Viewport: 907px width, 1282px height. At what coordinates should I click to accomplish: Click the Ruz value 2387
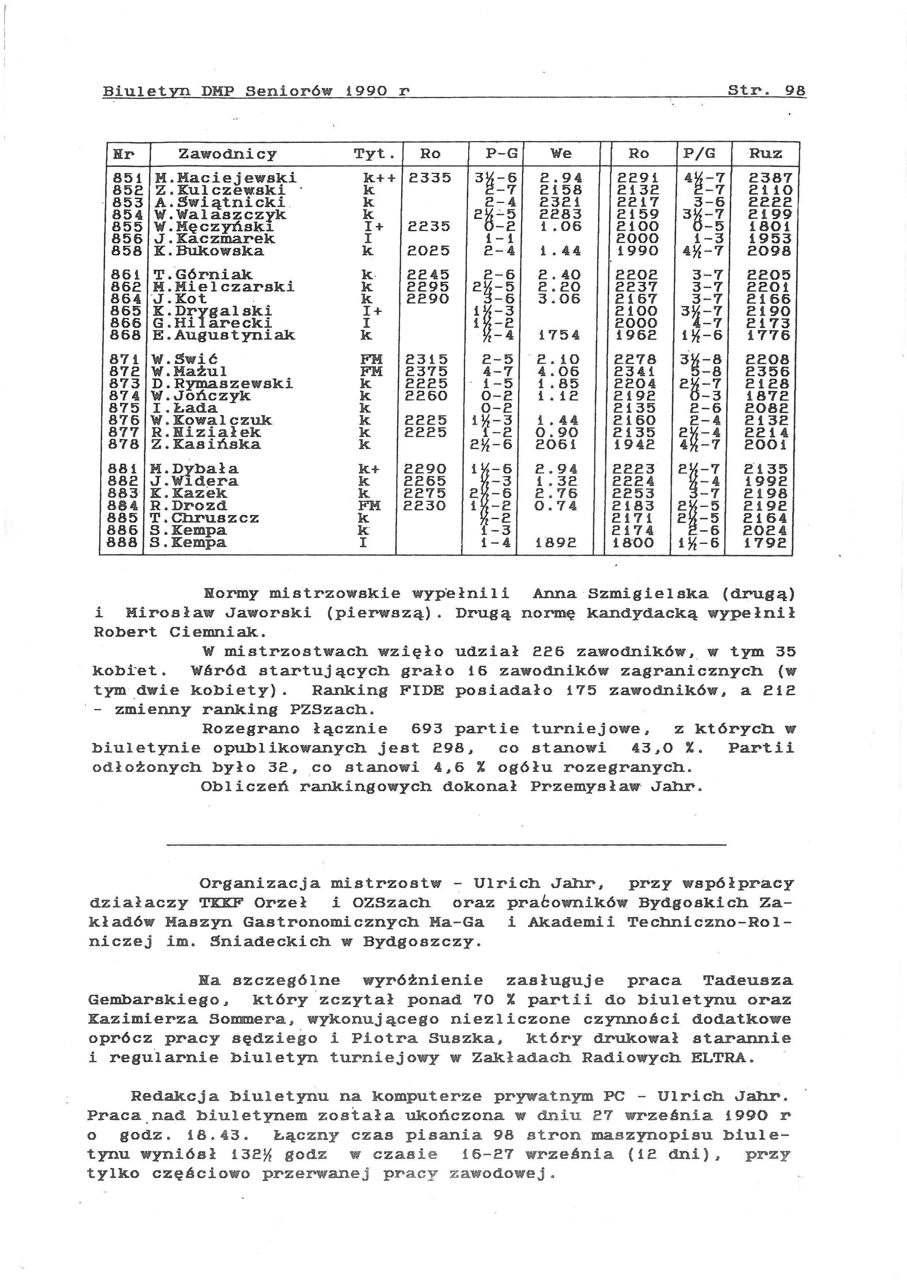[x=770, y=178]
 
